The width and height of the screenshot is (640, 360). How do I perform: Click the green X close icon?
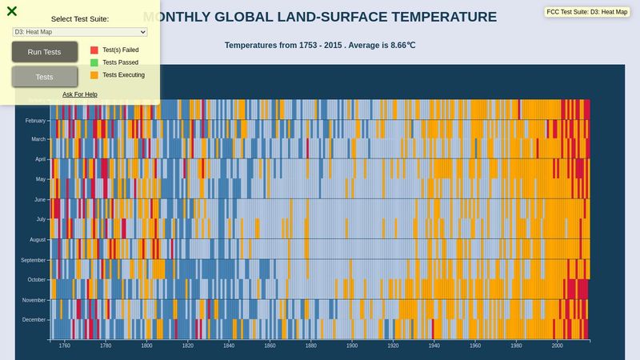point(12,11)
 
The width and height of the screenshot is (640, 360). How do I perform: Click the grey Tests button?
point(45,77)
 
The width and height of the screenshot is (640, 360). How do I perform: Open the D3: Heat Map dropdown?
point(80,31)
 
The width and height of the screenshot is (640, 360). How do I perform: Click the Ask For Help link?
point(80,94)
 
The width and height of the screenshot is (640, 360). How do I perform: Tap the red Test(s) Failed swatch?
point(94,50)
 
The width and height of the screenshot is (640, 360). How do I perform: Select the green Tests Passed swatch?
point(94,62)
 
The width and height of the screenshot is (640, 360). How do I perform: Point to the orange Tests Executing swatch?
point(94,75)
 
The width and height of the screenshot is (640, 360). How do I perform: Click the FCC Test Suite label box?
point(587,12)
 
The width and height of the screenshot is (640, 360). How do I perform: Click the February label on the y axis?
point(35,120)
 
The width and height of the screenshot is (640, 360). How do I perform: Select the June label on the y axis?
point(39,199)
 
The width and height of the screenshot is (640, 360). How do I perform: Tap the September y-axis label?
point(34,260)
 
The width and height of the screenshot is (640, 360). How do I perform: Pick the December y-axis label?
point(34,319)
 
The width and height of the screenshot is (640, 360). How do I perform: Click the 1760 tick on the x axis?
point(65,346)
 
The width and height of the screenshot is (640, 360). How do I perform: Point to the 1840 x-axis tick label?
point(229,346)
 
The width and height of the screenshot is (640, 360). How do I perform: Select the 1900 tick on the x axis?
point(352,346)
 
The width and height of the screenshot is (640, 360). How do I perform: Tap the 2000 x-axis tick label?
point(557,346)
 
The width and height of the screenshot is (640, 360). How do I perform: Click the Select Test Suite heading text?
point(80,18)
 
